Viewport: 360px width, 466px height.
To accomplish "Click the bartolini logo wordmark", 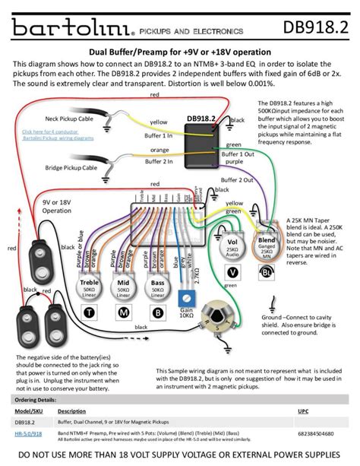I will point(72,28).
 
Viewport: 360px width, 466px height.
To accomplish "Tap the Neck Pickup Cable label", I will point(71,119).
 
